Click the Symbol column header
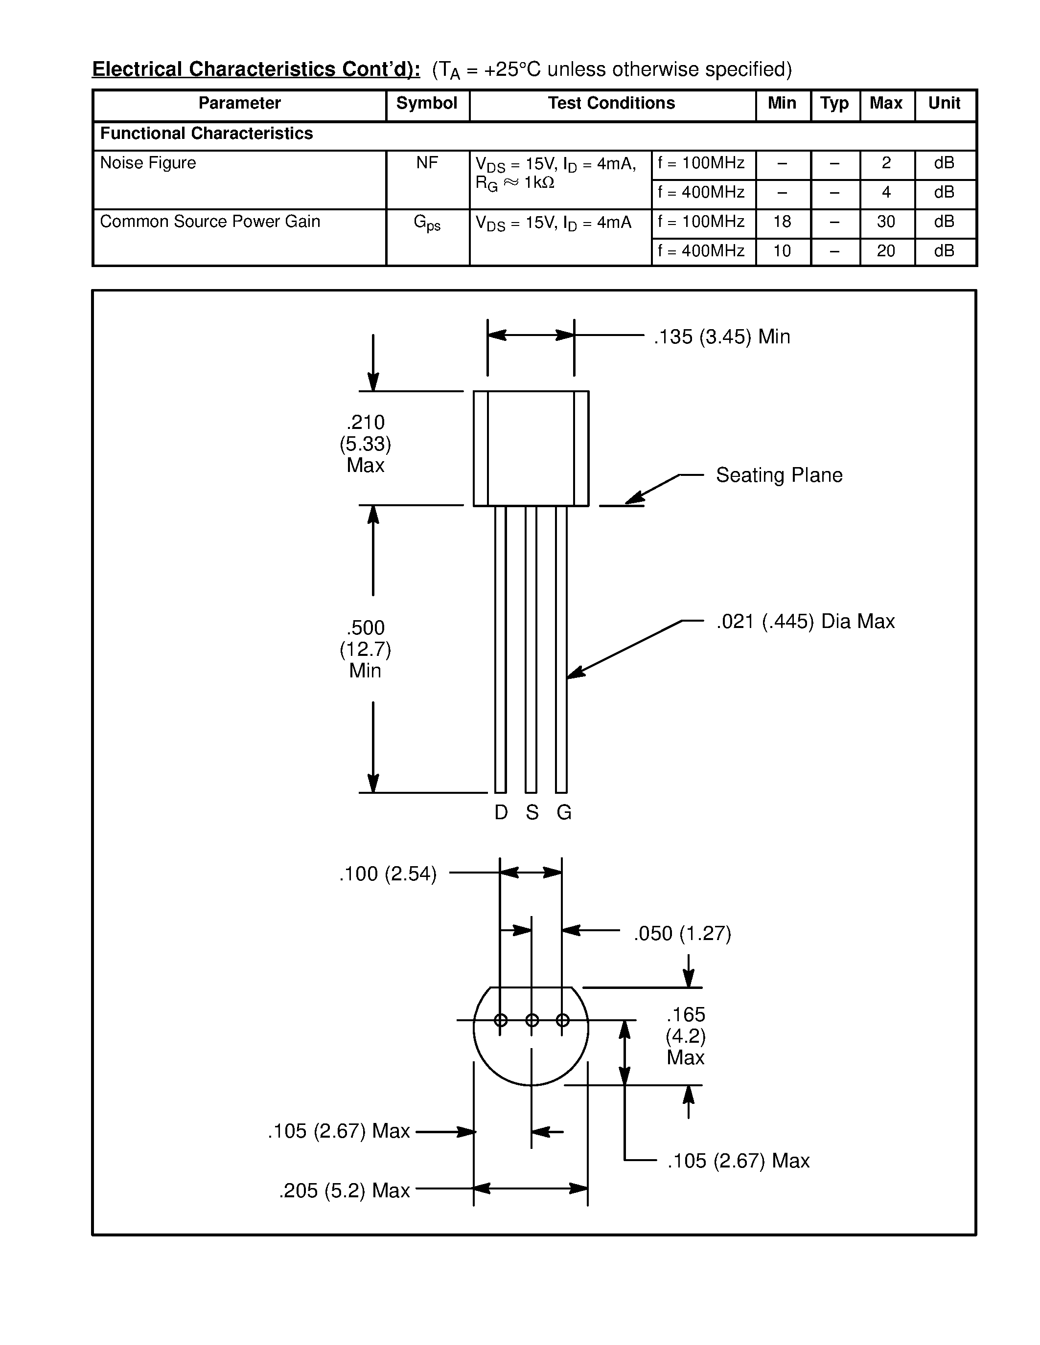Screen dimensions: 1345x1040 (426, 104)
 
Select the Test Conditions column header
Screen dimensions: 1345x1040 (611, 104)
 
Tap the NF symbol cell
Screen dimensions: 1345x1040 (426, 163)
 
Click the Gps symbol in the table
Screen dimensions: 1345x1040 (426, 223)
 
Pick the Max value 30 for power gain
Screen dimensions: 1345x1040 (885, 222)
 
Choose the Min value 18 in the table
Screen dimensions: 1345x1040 (782, 222)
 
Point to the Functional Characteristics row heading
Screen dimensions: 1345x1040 (207, 134)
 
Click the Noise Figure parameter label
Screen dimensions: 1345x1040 (148, 163)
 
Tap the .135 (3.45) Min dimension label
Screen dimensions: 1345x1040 (721, 337)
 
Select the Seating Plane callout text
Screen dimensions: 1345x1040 (779, 475)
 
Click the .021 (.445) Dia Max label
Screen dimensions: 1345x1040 (805, 621)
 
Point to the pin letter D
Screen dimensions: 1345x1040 (501, 813)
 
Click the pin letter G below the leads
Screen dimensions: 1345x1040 (564, 813)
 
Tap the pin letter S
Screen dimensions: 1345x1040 (532, 813)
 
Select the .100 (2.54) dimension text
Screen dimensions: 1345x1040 (388, 874)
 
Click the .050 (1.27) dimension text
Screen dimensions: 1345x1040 (682, 934)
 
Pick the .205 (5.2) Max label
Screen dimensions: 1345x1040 (345, 1191)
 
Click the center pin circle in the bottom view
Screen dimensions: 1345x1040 (532, 1020)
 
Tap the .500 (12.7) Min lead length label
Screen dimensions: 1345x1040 (366, 649)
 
